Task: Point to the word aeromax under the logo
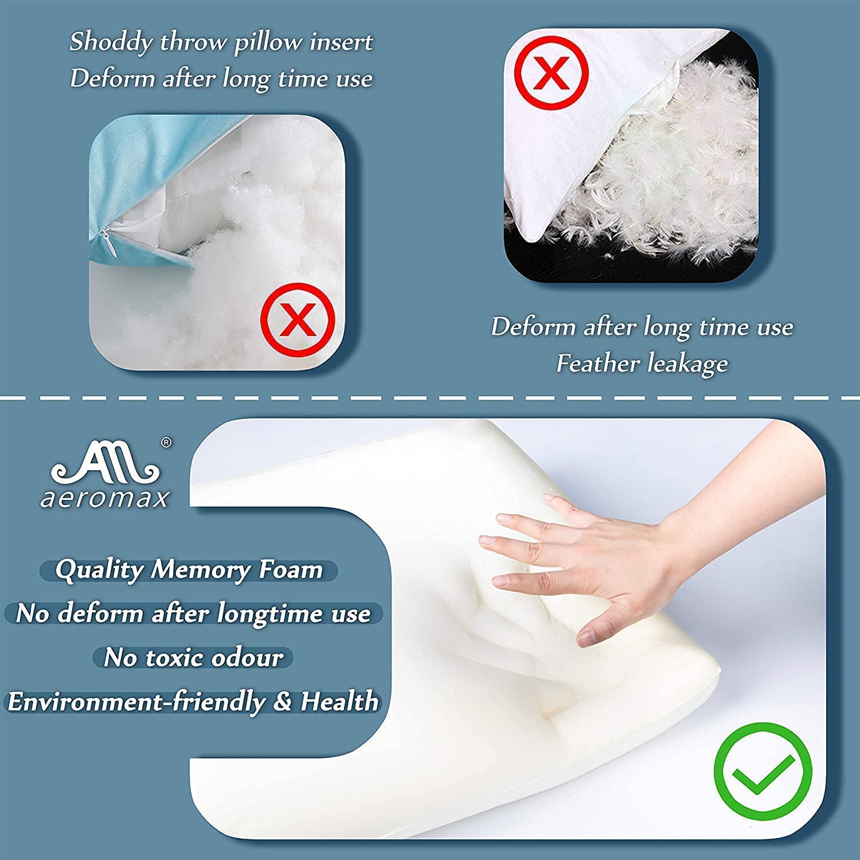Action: pyautogui.click(x=105, y=499)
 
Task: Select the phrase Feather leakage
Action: pyautogui.click(x=642, y=363)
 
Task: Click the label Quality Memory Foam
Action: pyautogui.click(x=189, y=570)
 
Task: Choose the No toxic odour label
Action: pyautogui.click(x=193, y=658)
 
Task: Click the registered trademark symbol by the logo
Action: pyautogui.click(x=166, y=442)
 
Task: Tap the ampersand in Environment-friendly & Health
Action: pyautogui.click(x=282, y=702)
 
